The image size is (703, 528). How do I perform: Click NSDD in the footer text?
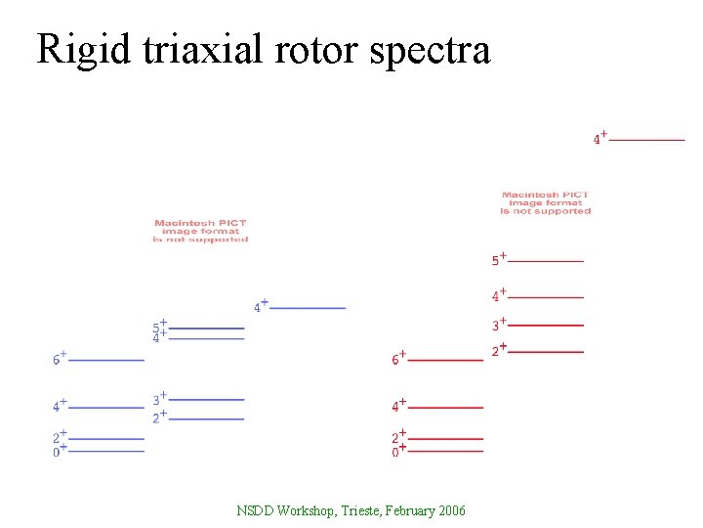click(x=255, y=511)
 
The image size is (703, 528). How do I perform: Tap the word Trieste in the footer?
click(x=358, y=511)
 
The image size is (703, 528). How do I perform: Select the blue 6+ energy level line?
click(x=106, y=360)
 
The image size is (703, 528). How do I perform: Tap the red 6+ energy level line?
click(x=445, y=360)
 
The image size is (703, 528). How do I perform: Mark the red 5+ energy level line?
click(x=546, y=261)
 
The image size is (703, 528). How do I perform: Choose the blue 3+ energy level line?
click(x=206, y=399)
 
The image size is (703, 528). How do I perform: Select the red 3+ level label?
click(x=498, y=325)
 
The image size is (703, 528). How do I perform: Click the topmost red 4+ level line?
click(x=646, y=140)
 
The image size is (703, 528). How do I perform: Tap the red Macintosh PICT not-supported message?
click(x=546, y=202)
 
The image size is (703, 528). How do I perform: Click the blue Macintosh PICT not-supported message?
click(x=200, y=231)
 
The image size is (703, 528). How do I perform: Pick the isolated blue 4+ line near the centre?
click(x=308, y=308)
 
